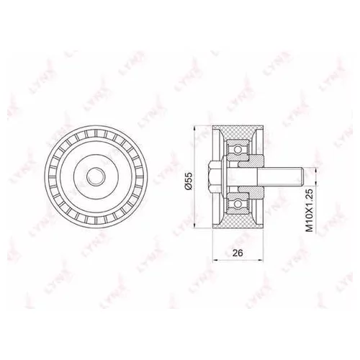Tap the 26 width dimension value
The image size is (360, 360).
[x=238, y=253]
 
